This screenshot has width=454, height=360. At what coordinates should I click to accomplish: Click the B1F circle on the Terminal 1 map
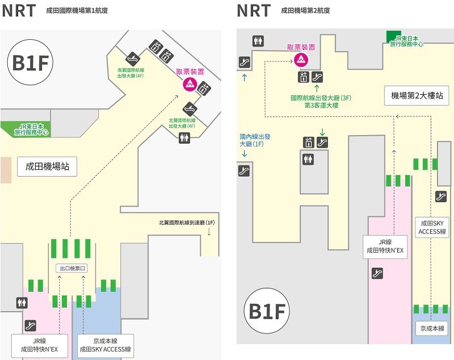[30, 64]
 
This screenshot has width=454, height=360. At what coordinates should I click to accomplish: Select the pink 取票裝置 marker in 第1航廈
[189, 85]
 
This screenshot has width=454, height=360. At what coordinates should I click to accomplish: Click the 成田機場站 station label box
[47, 166]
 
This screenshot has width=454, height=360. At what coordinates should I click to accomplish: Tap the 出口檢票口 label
[72, 268]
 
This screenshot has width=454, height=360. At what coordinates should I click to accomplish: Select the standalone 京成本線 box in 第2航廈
[432, 328]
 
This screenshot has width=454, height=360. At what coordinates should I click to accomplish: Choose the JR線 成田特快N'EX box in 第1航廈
[40, 345]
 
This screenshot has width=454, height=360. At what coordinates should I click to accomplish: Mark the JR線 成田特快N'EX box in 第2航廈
[385, 246]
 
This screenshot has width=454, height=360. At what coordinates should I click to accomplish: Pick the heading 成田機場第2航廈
[305, 11]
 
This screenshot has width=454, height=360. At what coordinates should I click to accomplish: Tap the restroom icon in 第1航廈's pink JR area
[22, 303]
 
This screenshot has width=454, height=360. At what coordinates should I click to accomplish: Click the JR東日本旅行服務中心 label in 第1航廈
[34, 129]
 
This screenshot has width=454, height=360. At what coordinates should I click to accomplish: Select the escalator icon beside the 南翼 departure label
[132, 57]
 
